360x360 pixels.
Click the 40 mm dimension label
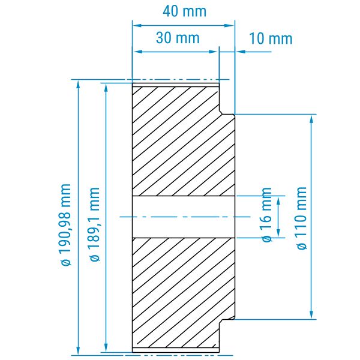coord(184,11)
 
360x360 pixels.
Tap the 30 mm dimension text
coord(178,38)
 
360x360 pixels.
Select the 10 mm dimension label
coord(271,38)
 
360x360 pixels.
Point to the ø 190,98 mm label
coord(65,224)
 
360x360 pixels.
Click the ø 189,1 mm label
coord(94,224)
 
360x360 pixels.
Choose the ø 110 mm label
coord(301,218)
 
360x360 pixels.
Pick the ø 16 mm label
coord(266,214)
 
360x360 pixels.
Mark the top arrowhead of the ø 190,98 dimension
coord(78,85)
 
